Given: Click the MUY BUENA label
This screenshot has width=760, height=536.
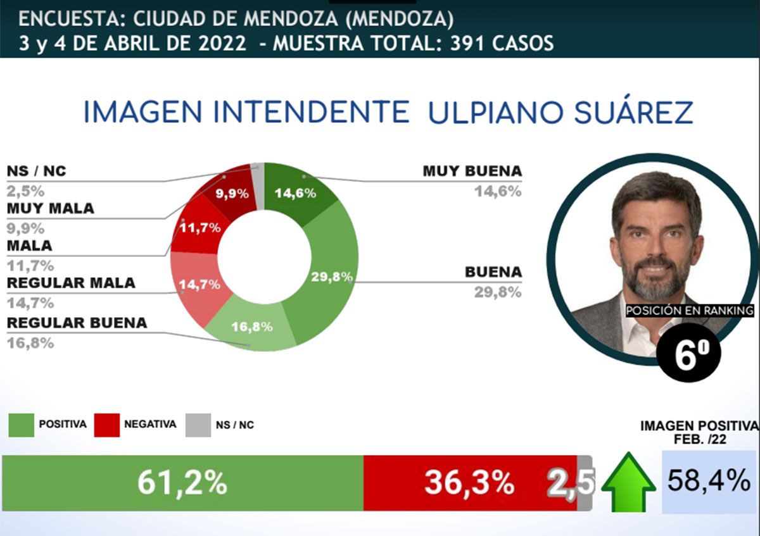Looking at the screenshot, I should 472,171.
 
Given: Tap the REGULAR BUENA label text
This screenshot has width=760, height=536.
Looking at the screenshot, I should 77,323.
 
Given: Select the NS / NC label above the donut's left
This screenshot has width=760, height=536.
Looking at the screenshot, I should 36,171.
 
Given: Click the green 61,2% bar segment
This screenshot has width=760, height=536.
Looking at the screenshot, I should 182,483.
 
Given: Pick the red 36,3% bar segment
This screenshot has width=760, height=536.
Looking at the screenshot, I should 469,483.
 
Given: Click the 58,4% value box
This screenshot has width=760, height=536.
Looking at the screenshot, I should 708,482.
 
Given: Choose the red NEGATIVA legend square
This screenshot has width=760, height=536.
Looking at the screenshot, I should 106,425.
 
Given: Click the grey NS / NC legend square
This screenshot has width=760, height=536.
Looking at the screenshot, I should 198,425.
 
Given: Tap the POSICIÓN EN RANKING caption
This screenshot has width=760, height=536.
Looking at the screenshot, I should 690,311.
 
